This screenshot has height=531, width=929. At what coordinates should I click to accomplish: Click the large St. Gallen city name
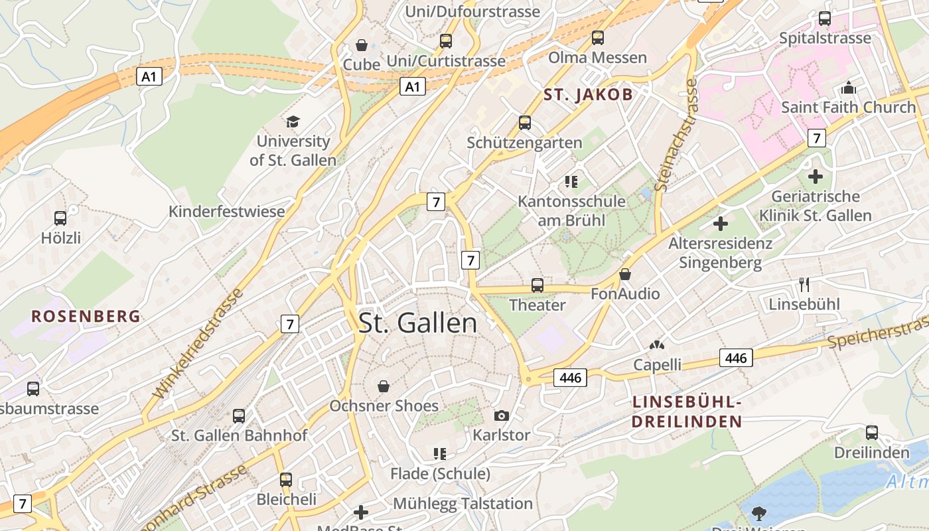pyautogui.click(x=417, y=323)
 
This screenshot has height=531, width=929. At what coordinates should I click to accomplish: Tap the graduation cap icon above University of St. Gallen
pyautogui.click(x=293, y=121)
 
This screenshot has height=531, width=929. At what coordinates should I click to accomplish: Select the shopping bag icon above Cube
pyautogui.click(x=362, y=45)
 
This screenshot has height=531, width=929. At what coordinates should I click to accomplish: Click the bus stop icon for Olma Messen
pyautogui.click(x=598, y=38)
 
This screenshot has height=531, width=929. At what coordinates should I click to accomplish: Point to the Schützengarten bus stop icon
pyautogui.click(x=525, y=123)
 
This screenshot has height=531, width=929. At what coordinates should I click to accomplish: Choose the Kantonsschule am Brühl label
pyautogui.click(x=571, y=210)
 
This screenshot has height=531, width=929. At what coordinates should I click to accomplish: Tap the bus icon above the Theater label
pyautogui.click(x=537, y=285)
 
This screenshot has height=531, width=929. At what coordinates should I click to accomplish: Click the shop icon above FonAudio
pyautogui.click(x=625, y=274)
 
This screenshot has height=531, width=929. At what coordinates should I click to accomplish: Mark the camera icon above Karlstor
pyautogui.click(x=502, y=416)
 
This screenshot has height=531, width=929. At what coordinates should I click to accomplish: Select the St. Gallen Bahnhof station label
pyautogui.click(x=240, y=435)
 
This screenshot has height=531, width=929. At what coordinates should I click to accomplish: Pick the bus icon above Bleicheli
pyautogui.click(x=286, y=479)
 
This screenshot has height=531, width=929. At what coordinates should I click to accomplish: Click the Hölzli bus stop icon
pyautogui.click(x=60, y=218)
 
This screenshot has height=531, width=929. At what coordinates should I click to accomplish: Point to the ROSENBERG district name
pyautogui.click(x=86, y=316)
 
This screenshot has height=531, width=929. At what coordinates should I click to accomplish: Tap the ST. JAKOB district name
pyautogui.click(x=588, y=94)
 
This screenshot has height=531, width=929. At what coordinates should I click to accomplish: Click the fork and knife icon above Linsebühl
pyautogui.click(x=804, y=285)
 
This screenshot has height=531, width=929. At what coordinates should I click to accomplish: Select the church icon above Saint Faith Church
pyautogui.click(x=848, y=88)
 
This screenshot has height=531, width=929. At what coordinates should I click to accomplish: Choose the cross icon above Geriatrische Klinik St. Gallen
pyautogui.click(x=816, y=177)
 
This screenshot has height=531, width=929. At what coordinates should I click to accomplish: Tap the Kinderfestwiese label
pyautogui.click(x=226, y=212)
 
